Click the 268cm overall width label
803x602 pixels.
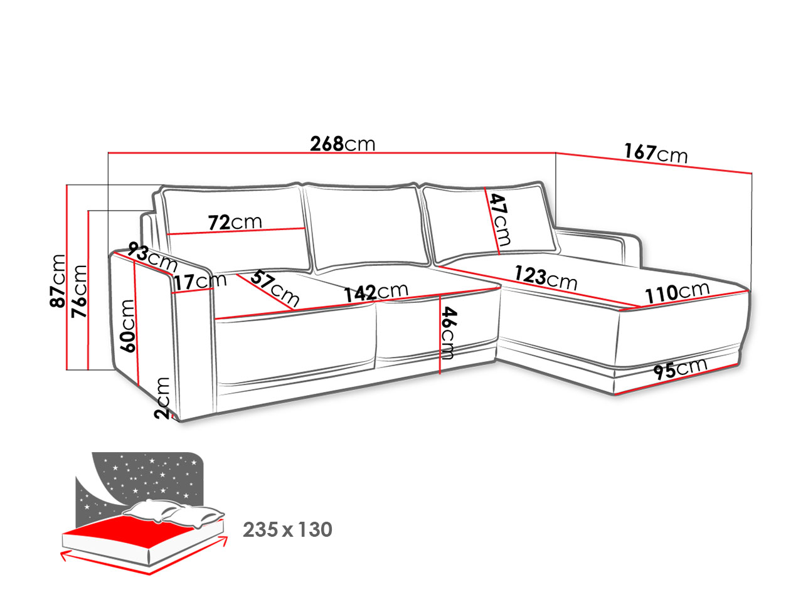[x=343, y=144]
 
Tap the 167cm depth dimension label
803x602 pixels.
[x=656, y=153]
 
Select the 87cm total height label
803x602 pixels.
[x=58, y=280]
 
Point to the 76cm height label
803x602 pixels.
[x=79, y=291]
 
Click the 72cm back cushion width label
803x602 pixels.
[x=235, y=222]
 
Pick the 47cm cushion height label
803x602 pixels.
[x=500, y=219]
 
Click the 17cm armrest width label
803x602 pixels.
[x=200, y=282]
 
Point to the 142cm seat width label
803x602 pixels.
[x=376, y=292]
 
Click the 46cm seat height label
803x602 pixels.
[x=449, y=333]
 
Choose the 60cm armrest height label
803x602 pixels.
[x=128, y=325]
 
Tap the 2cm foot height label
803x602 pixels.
[x=162, y=398]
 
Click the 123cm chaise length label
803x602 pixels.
[x=546, y=278]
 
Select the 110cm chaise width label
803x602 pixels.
[x=677, y=292]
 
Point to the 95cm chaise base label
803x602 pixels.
[x=679, y=369]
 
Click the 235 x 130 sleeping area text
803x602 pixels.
[x=287, y=530]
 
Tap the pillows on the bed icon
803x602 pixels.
[x=173, y=512]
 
